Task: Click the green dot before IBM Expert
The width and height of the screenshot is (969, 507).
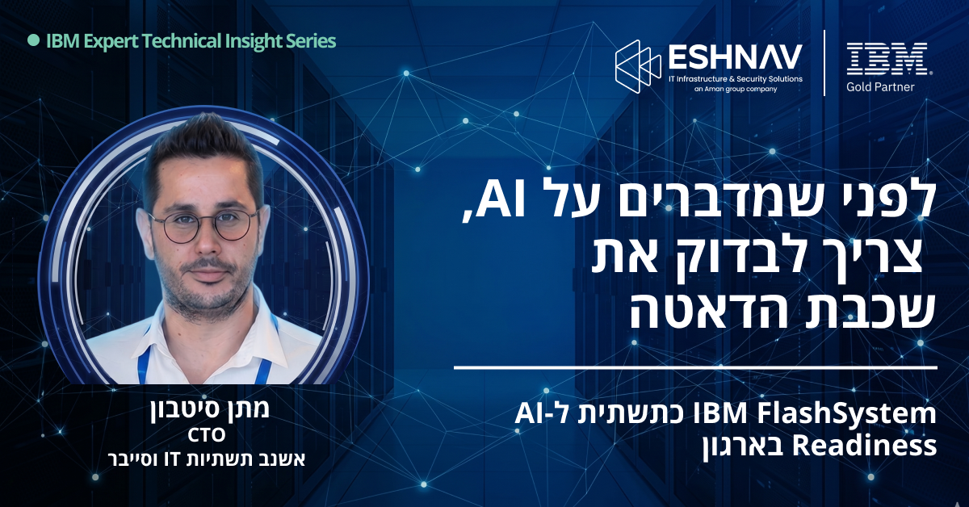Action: (x=33, y=40)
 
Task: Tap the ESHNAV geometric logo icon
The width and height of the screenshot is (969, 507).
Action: (x=638, y=67)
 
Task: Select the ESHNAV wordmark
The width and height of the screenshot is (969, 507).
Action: (x=736, y=57)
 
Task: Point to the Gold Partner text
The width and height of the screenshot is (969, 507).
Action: (x=880, y=87)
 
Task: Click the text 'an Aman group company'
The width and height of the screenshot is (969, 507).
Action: (x=736, y=89)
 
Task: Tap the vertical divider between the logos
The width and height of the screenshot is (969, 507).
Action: (x=824, y=63)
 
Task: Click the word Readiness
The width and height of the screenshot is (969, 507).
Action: (x=864, y=446)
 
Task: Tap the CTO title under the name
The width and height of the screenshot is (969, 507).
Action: (x=207, y=435)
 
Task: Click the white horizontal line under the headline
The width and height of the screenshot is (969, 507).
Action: (x=695, y=368)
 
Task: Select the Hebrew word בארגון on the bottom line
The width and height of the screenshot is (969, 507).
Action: (x=742, y=447)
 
